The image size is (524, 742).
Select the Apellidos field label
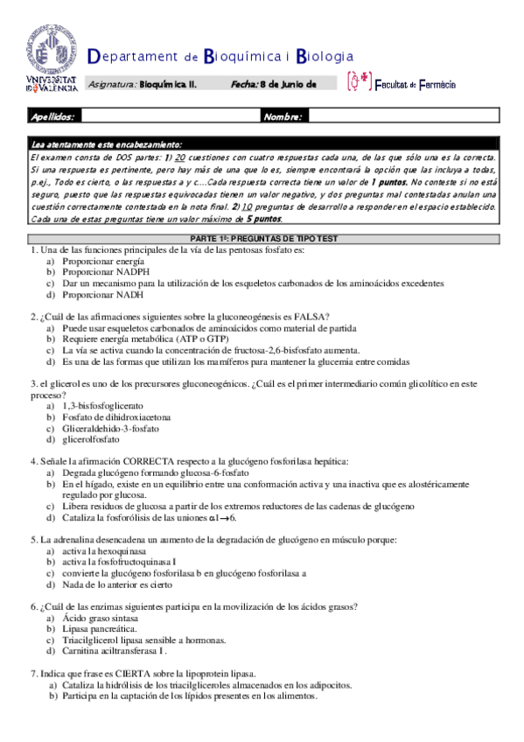52,115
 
